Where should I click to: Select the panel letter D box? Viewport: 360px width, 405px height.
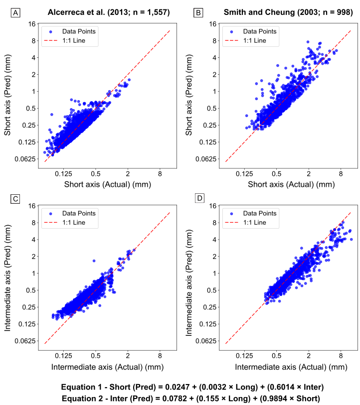point(200,198)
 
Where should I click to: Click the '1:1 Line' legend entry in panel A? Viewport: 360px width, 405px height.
point(74,40)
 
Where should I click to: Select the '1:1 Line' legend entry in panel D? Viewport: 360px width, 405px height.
point(254,222)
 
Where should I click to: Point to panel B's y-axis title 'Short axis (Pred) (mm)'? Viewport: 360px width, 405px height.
point(189,93)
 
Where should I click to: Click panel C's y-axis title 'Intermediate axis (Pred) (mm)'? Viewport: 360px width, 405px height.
point(8,273)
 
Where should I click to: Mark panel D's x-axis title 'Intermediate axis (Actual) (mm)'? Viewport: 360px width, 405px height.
point(291,367)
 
